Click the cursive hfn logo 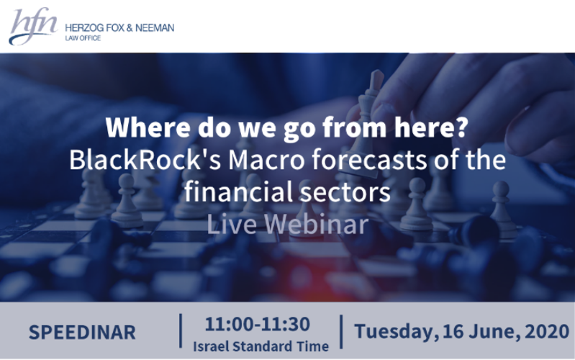(32, 26)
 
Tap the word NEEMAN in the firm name (155, 28)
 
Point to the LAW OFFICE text (83, 38)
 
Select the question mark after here (461, 127)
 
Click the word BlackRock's (145, 160)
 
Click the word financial (234, 192)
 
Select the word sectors (340, 192)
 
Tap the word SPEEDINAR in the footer (82, 333)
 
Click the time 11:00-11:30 (258, 324)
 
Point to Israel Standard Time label (261, 346)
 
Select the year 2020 (547, 331)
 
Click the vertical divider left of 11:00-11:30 (181, 330)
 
